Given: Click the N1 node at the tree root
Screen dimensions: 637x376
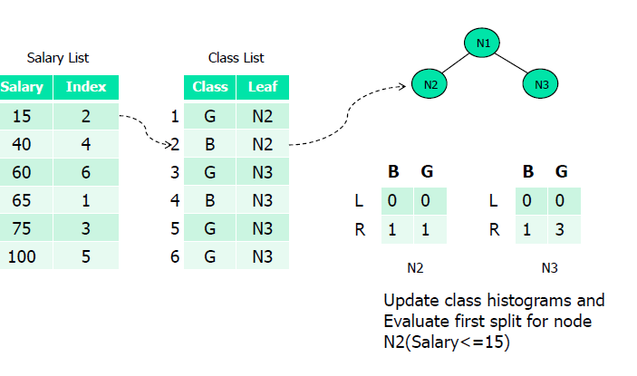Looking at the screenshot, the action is tap(482, 43).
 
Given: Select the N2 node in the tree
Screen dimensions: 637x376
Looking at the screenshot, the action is tap(429, 84).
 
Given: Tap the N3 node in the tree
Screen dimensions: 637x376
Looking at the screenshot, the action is tap(540, 84).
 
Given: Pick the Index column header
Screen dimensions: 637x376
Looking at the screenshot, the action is tap(86, 87).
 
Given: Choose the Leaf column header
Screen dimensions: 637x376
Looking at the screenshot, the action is tap(263, 87).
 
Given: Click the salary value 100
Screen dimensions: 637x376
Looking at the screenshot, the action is tap(22, 256).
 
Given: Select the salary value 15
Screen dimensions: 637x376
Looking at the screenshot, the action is tap(22, 117).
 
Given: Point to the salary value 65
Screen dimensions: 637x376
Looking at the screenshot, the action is tap(22, 200).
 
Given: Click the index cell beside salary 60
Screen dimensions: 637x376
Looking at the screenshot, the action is tap(86, 172).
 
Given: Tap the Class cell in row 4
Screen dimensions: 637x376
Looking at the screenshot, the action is tap(210, 200).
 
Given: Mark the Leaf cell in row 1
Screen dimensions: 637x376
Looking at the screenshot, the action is tap(263, 117).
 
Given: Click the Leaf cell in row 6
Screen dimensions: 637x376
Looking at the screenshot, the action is tap(263, 256).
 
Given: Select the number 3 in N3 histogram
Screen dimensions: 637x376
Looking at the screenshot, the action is tap(560, 230).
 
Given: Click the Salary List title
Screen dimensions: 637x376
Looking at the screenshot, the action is tap(58, 58).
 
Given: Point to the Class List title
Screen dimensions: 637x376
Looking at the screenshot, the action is tap(236, 58).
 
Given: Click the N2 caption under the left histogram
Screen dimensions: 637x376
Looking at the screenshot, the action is tap(415, 268).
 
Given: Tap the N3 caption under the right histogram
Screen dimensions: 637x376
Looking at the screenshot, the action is tap(550, 268).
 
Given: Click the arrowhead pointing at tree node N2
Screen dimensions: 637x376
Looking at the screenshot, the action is tap(402, 86).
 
